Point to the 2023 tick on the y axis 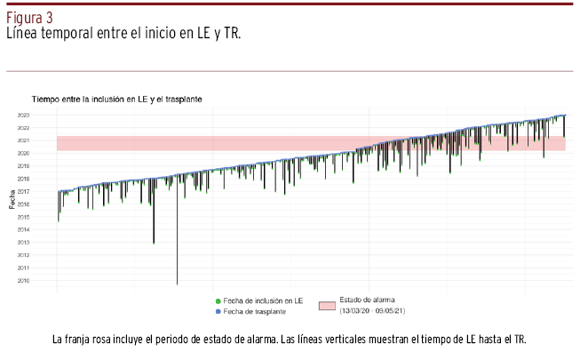tap(46, 116)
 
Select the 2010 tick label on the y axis tap(46, 281)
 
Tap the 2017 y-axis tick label tap(46, 192)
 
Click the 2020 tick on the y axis tap(46, 154)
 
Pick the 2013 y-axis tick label tap(46, 243)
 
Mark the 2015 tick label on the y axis tap(46, 217)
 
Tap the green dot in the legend tap(217, 302)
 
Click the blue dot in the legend tap(217, 312)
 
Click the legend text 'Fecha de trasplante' tap(255, 312)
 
